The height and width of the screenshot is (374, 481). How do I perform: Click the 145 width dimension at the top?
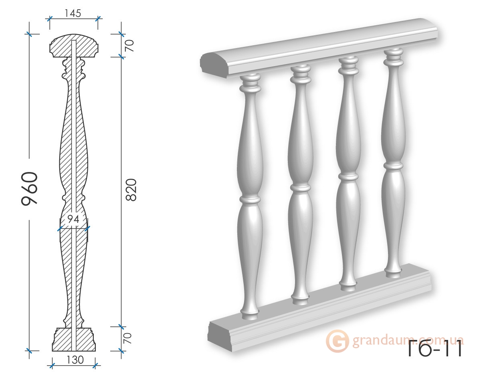[73, 14]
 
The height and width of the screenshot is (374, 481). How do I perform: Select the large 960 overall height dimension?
[29, 189]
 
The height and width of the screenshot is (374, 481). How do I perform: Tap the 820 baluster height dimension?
[131, 190]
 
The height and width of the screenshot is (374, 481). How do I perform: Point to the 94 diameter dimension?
[73, 219]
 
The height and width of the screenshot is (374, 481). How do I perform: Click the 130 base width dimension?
[75, 360]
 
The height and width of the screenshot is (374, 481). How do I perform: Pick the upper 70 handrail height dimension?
[130, 46]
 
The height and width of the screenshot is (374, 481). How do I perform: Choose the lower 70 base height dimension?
[128, 338]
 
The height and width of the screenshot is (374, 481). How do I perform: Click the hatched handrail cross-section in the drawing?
[74, 46]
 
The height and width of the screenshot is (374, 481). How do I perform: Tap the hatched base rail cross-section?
[74, 339]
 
